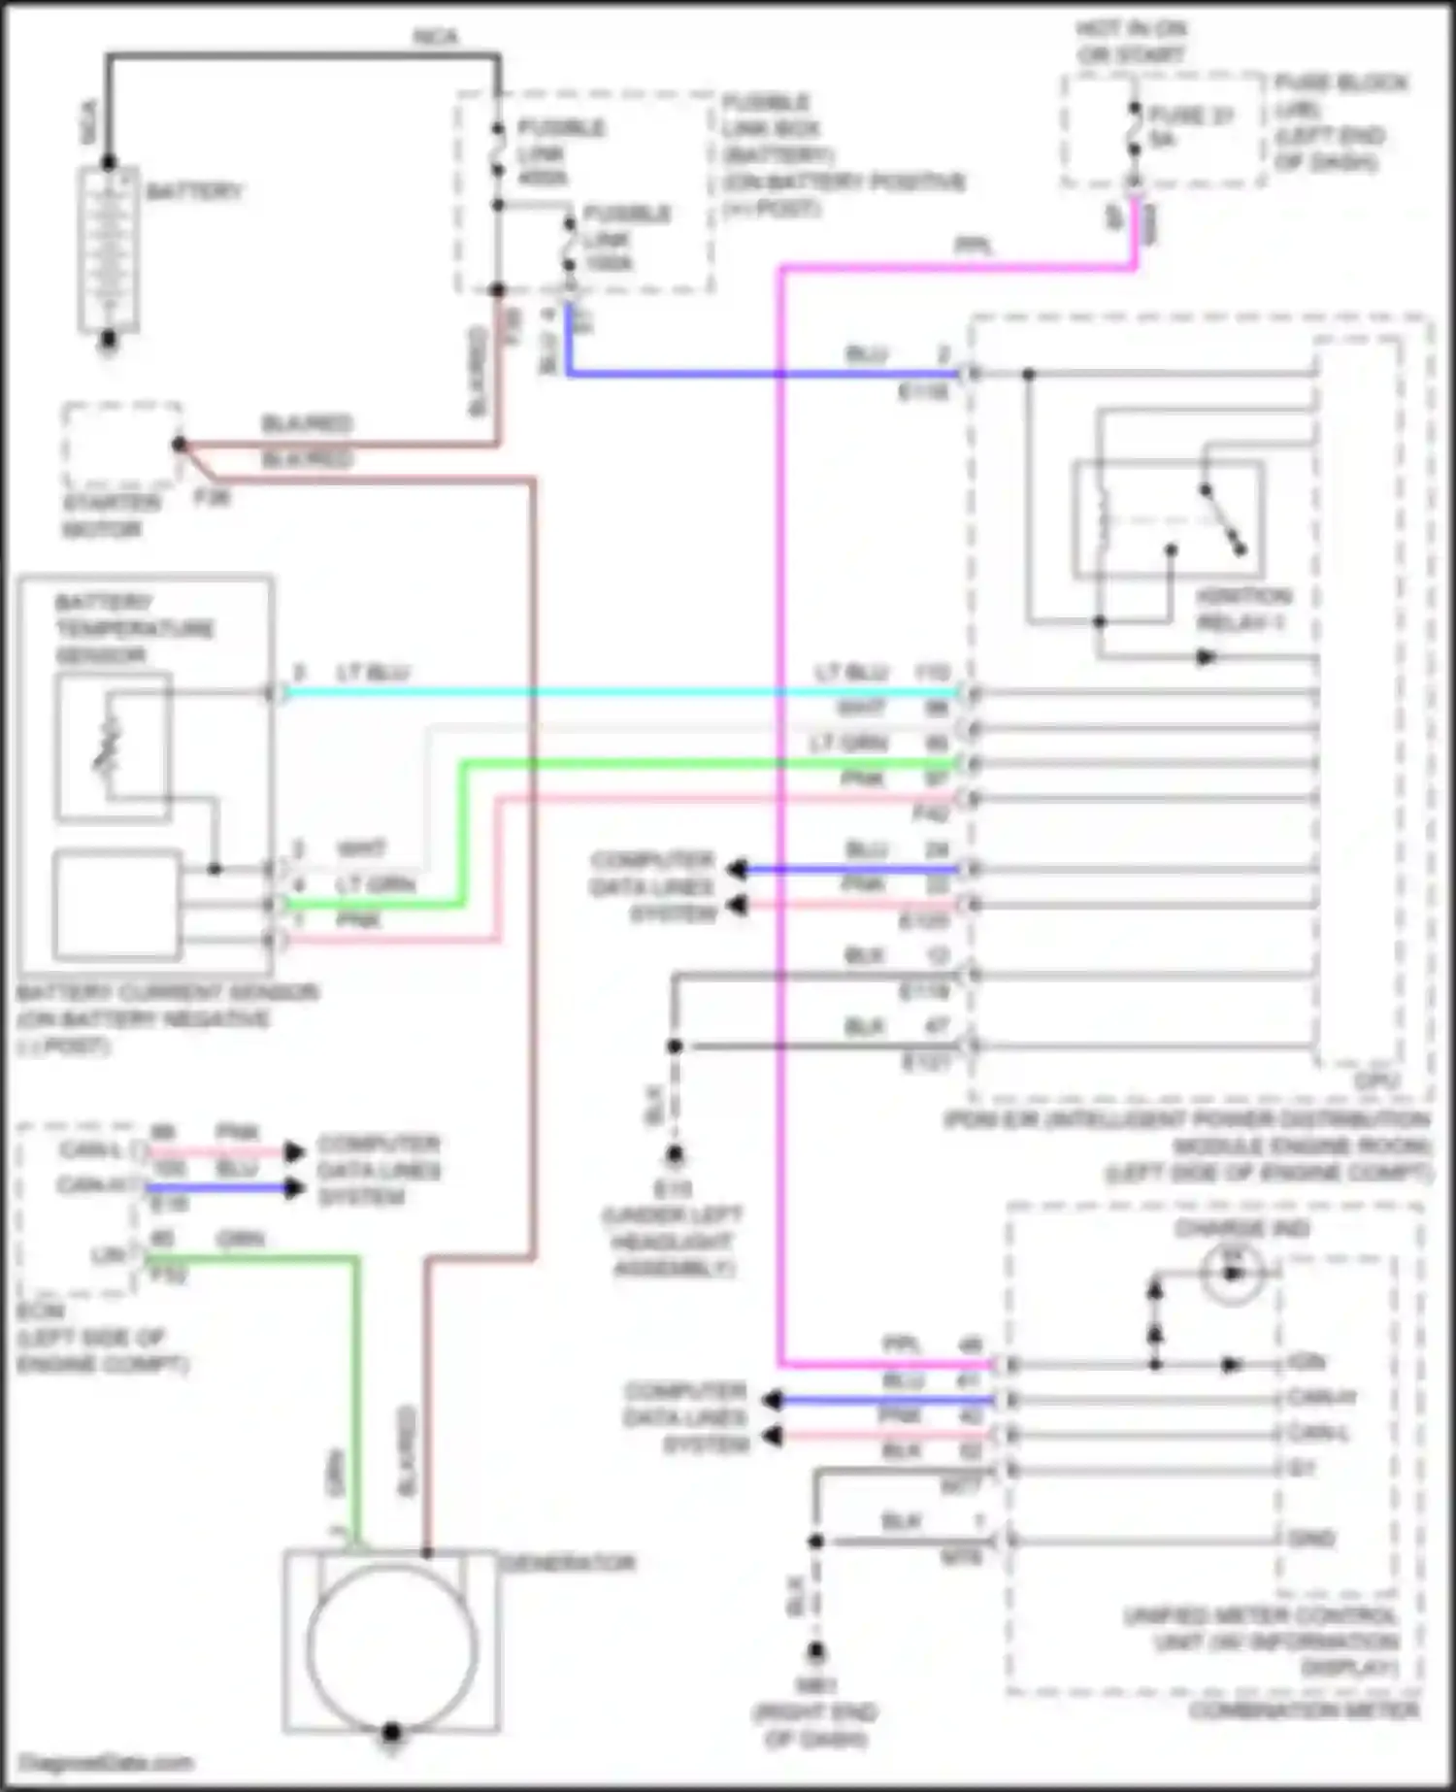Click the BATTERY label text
click(x=193, y=191)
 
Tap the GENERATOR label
click(x=567, y=1564)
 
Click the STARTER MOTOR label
click(x=112, y=515)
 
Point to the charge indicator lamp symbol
click(x=1233, y=1272)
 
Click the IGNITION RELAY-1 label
click(x=1242, y=609)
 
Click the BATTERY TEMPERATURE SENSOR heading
click(x=135, y=628)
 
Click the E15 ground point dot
click(x=675, y=1154)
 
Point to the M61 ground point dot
click(x=816, y=1650)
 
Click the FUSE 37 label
click(x=1191, y=116)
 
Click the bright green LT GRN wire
click(x=679, y=765)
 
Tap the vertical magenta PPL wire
click(x=780, y=874)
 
